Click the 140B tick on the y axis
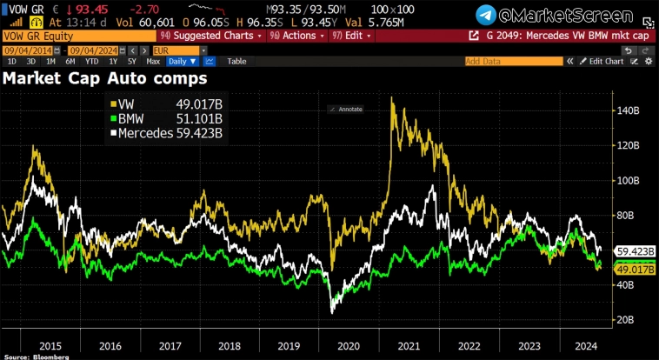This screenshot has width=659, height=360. [x=630, y=111]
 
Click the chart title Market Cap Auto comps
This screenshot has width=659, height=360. [x=104, y=78]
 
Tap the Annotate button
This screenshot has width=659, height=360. [x=345, y=109]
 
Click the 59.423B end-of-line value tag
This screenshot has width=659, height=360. [x=635, y=251]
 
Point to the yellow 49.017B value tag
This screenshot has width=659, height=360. [x=635, y=270]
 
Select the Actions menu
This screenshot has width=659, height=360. [x=293, y=36]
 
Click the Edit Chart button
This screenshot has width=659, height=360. [x=605, y=62]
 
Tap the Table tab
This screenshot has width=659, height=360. [x=236, y=62]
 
